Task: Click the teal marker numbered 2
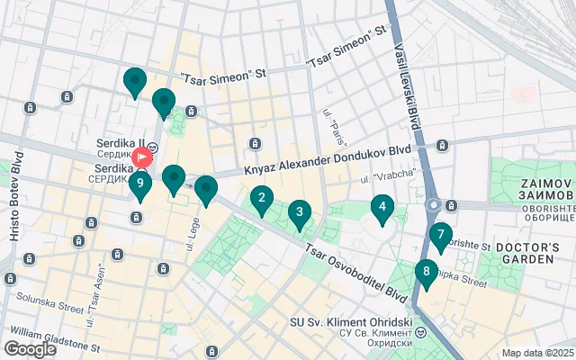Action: pyautogui.click(x=262, y=199)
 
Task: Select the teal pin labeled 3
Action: pyautogui.click(x=299, y=213)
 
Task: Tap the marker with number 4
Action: pyautogui.click(x=382, y=208)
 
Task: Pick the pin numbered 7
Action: pyautogui.click(x=439, y=237)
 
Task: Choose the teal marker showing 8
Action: pyautogui.click(x=426, y=272)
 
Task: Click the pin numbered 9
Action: pyautogui.click(x=139, y=184)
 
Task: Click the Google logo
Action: pyautogui.click(x=30, y=348)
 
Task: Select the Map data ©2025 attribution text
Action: pyautogui.click(x=537, y=353)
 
